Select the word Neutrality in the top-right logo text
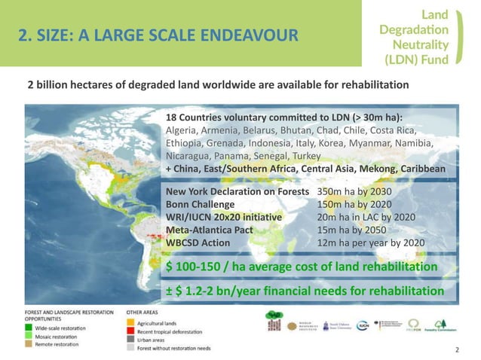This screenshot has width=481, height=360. [425, 44]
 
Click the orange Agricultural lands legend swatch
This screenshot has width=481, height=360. [130, 323]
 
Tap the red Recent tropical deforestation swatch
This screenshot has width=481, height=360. [130, 331]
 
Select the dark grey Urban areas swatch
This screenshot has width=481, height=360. [130, 340]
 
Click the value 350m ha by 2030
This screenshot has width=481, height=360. [358, 192]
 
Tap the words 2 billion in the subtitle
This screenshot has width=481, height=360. [46, 84]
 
